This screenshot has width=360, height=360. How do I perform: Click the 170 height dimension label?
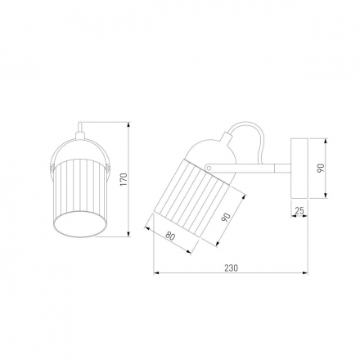click(124, 179)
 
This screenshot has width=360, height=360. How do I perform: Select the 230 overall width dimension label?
click(232, 268)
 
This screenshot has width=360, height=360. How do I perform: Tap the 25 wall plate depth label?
click(299, 210)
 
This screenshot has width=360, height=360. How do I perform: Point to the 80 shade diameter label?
click(170, 236)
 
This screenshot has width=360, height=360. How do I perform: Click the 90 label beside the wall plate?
click(321, 168)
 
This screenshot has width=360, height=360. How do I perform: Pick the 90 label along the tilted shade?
click(227, 218)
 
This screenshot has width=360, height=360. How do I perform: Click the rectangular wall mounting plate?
click(299, 168)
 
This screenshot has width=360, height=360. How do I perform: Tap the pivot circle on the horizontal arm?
click(209, 167)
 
